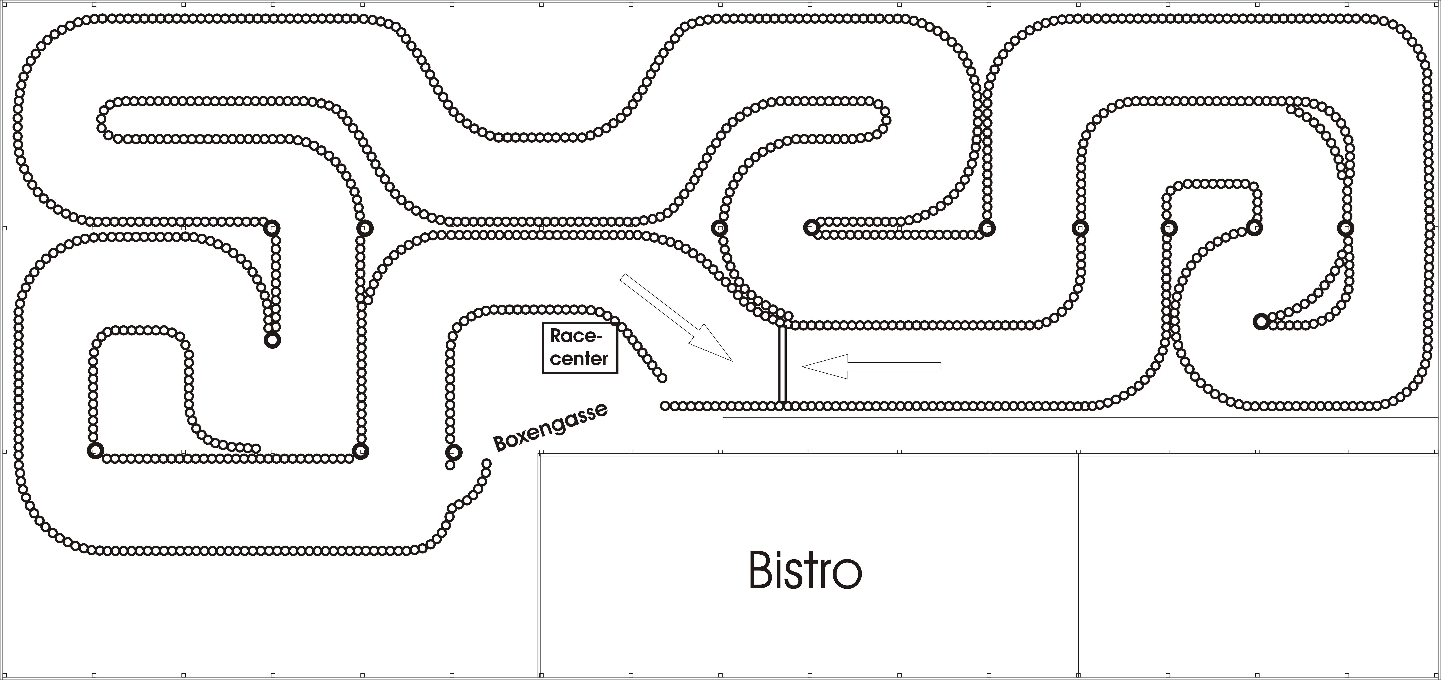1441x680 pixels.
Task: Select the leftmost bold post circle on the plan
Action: pos(96,451)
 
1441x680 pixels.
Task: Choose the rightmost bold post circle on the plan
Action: pos(1345,228)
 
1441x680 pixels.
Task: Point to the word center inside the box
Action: pos(579,358)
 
